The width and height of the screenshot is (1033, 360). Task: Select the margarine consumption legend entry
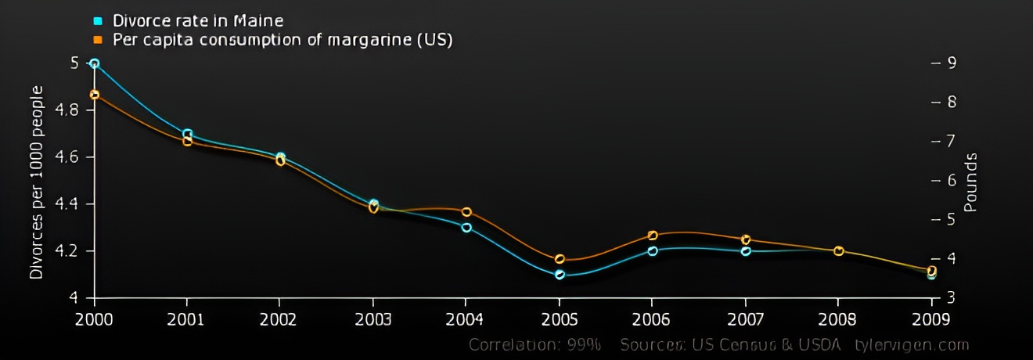pos(282,39)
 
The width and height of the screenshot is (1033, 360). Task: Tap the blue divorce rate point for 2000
pos(95,63)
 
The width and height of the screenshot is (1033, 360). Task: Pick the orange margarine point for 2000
pos(95,95)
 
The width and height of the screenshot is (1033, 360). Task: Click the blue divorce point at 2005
pos(560,275)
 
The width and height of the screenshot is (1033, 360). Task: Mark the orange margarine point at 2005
pos(560,259)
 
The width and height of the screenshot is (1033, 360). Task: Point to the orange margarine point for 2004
pos(466,212)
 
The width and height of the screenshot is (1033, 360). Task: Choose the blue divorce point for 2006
pos(653,250)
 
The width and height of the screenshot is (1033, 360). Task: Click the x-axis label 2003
pos(373,319)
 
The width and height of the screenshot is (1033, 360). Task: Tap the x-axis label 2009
pos(931,319)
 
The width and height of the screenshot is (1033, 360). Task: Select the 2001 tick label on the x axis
pos(187,319)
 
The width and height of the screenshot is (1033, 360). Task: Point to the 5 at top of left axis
pos(74,63)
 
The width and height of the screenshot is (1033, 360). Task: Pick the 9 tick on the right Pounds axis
pos(952,63)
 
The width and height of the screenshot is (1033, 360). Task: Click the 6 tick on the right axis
pos(952,180)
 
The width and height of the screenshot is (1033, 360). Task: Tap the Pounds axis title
pos(970,182)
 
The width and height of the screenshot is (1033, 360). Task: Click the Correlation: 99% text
pos(535,345)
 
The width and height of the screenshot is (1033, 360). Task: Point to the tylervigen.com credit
pos(911,345)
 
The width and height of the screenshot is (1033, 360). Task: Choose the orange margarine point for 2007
pos(746,239)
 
